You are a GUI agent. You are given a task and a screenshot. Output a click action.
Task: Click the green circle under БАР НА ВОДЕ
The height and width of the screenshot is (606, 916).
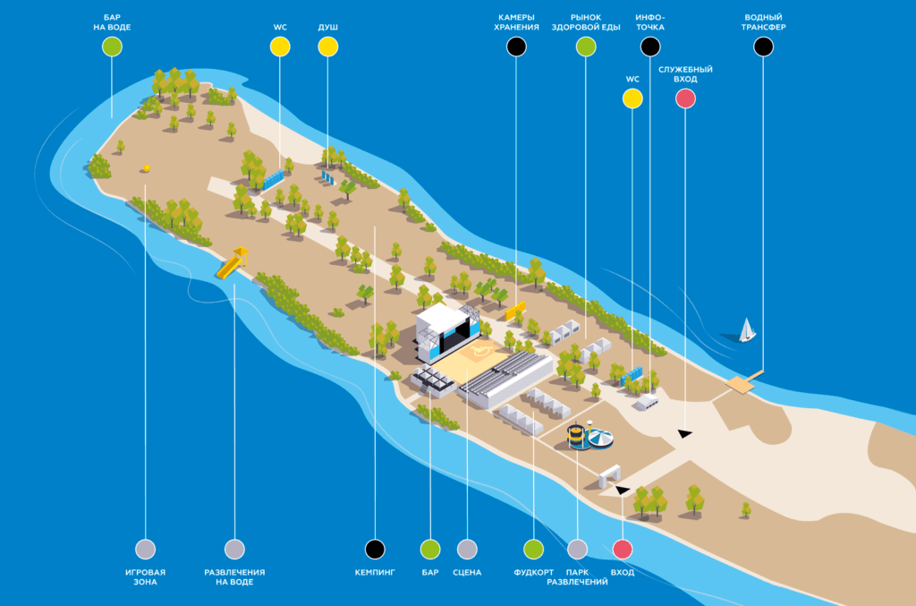[112, 47]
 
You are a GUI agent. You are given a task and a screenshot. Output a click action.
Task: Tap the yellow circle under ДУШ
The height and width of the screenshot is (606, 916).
[328, 47]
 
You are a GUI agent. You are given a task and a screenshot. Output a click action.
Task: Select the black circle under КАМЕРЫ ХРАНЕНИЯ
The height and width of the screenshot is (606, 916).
[516, 47]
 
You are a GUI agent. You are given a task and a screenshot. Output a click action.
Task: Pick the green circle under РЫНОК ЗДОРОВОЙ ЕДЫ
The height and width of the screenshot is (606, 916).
[586, 47]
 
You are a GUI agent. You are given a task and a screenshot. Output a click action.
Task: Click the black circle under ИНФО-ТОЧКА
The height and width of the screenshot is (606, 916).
[650, 47]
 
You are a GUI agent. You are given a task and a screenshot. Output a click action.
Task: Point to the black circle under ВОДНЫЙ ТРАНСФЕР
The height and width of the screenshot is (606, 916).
[763, 47]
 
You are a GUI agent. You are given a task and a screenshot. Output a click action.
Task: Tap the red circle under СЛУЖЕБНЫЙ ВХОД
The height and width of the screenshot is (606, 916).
[685, 99]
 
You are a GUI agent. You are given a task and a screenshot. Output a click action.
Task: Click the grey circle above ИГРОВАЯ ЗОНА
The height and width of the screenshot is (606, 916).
[145, 549]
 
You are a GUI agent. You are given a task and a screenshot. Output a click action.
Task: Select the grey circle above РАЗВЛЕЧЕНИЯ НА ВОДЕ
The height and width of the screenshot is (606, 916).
[234, 549]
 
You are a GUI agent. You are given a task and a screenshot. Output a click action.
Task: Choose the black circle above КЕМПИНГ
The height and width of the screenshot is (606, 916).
[377, 549]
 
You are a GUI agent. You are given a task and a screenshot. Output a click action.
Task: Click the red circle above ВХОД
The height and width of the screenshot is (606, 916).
[623, 549]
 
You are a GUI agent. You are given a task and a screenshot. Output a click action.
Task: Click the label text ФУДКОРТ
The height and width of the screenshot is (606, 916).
[533, 573]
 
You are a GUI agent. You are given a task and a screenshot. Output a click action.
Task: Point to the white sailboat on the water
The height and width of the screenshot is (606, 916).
[746, 330]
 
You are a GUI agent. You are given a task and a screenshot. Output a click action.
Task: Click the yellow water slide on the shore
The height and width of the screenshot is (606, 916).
[232, 263]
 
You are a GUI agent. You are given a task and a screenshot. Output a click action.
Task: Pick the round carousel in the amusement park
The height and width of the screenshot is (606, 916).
[600, 439]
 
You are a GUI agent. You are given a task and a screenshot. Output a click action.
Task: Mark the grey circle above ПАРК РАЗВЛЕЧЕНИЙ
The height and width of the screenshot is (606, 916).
[578, 549]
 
